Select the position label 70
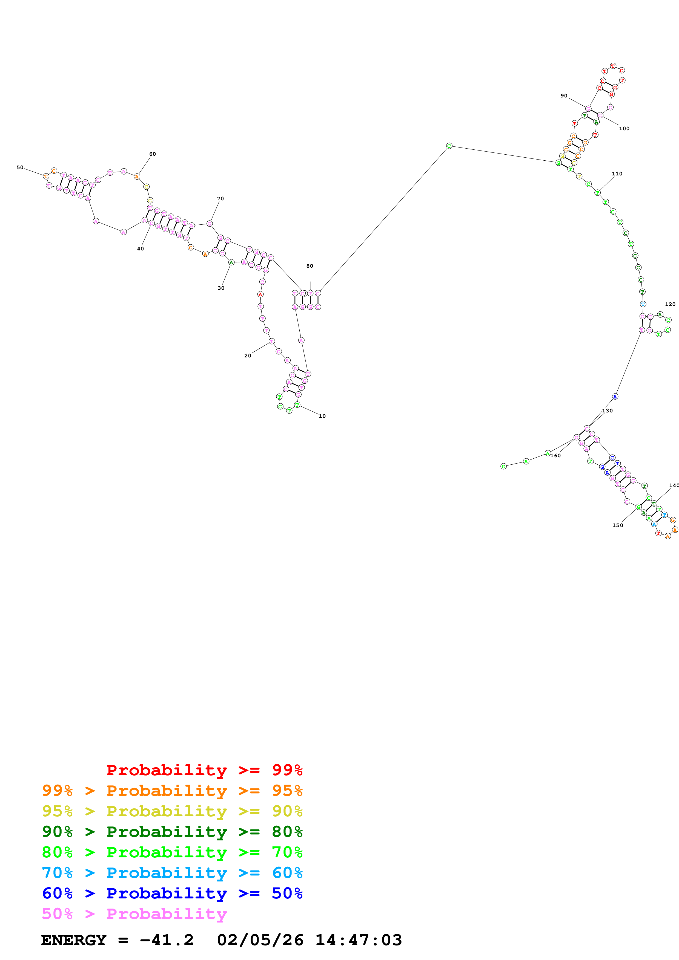point(220,199)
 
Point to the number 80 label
point(310,266)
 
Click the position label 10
point(322,416)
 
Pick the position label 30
point(221,288)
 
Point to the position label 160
point(555,456)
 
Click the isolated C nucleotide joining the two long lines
point(449,146)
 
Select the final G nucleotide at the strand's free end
point(504,466)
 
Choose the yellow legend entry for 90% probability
point(172,811)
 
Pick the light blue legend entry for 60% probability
point(172,873)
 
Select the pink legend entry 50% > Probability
point(134,913)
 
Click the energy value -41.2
point(167,940)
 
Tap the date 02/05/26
point(260,940)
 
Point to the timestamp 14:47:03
point(359,940)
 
